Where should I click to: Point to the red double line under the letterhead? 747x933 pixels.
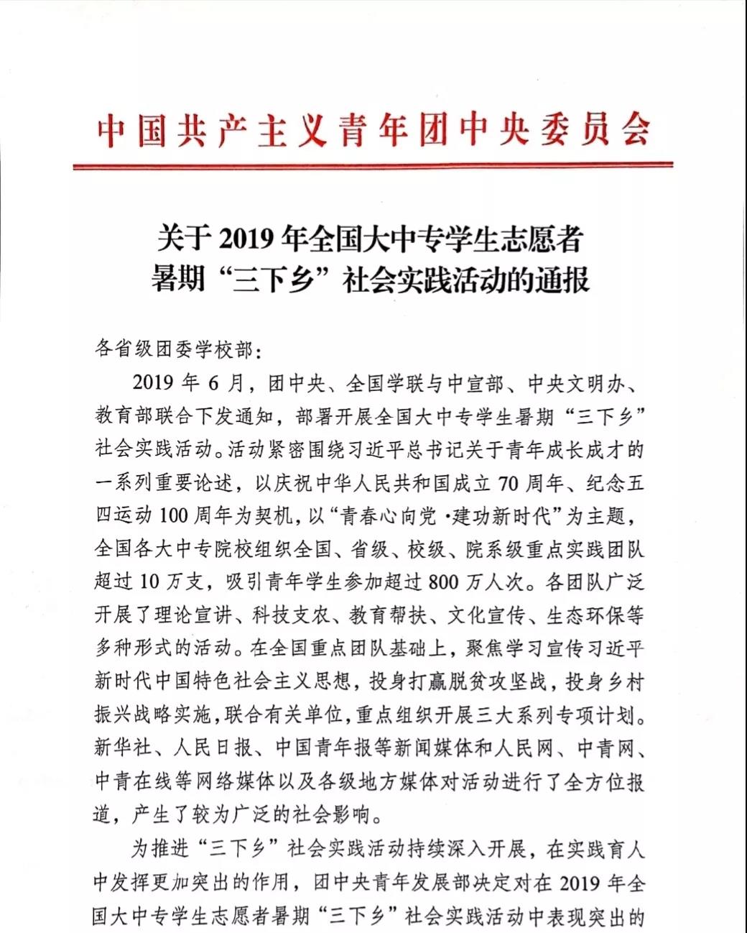[x=373, y=166]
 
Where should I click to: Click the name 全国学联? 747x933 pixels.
[x=385, y=382]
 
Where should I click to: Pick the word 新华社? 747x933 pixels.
[x=123, y=748]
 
